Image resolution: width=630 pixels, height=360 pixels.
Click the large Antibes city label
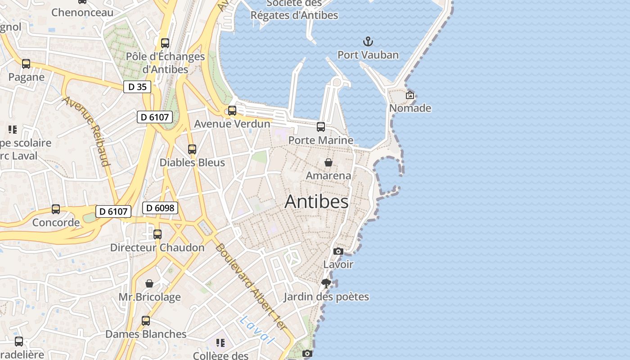pyautogui.click(x=316, y=202)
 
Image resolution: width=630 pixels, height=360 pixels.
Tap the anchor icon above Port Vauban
pyautogui.click(x=368, y=42)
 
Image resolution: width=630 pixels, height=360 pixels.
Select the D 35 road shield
pyautogui.click(x=137, y=87)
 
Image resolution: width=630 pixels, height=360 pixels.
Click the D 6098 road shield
pyautogui.click(x=161, y=208)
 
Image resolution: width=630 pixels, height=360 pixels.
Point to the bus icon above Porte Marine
pyautogui.click(x=321, y=127)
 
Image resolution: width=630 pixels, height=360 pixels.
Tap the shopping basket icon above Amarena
pyautogui.click(x=328, y=162)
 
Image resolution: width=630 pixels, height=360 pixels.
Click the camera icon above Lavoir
pyautogui.click(x=338, y=251)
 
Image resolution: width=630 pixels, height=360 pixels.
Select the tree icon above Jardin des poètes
pyautogui.click(x=326, y=283)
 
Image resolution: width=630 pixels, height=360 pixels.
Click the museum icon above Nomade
pyautogui.click(x=410, y=95)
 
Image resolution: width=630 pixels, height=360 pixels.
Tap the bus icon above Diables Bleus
pyautogui.click(x=192, y=149)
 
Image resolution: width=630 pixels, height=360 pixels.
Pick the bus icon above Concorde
pyautogui.click(x=56, y=209)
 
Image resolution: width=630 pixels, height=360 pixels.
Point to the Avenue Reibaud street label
pyautogui.click(x=87, y=131)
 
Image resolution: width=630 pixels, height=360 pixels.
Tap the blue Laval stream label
pyautogui.click(x=257, y=330)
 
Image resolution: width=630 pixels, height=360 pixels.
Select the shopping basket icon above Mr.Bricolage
pyautogui.click(x=149, y=283)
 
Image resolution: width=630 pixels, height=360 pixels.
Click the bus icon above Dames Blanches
pyautogui.click(x=146, y=321)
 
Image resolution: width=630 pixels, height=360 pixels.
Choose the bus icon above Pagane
pyautogui.click(x=26, y=64)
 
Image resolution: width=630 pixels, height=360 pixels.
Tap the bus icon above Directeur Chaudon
pyautogui.click(x=157, y=234)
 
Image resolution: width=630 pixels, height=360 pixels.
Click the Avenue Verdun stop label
pyautogui.click(x=232, y=124)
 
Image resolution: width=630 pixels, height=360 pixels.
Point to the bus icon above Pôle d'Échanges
pyautogui.click(x=165, y=43)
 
